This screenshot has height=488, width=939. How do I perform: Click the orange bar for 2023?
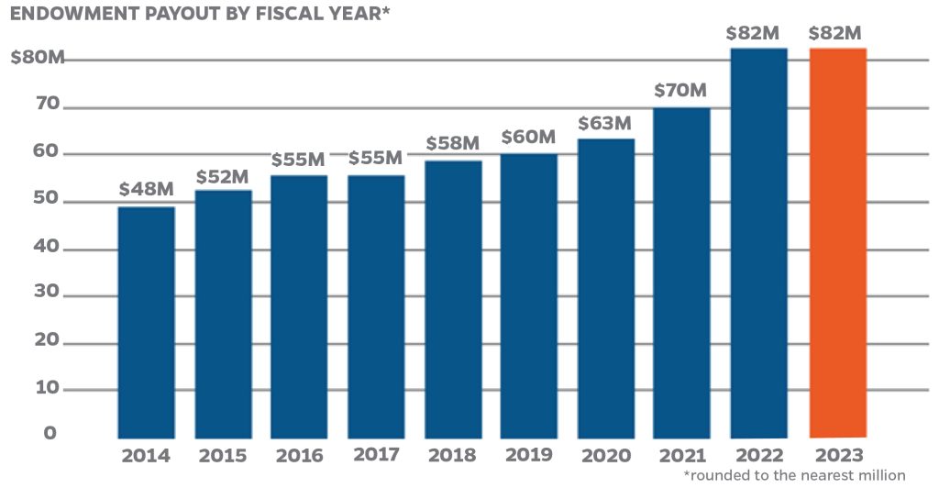coord(837,242)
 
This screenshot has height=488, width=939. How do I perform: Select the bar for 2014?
coord(147,322)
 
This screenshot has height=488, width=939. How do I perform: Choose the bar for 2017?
coord(377,306)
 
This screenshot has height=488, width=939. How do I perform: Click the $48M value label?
coord(147,190)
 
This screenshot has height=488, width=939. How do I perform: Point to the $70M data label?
coord(681,91)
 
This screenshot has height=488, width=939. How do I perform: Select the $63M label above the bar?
coord(605,122)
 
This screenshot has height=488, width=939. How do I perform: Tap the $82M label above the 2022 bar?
coord(757,33)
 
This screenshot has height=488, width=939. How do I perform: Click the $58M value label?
coord(453,144)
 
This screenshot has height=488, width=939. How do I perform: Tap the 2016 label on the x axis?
coord(300,456)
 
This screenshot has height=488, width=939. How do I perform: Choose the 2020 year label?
coord(605,456)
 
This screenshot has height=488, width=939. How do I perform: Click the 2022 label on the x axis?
coord(757,456)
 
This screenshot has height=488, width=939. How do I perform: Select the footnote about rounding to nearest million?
coord(794,475)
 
